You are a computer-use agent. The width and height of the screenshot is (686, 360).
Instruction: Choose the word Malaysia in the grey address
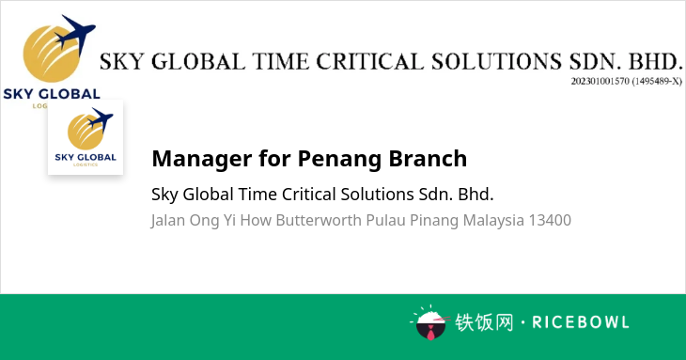493,221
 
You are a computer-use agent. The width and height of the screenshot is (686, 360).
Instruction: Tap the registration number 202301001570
600,82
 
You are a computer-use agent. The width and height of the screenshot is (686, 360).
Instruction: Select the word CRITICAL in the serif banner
369,62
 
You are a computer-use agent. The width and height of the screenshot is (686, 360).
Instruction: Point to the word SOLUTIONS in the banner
496,62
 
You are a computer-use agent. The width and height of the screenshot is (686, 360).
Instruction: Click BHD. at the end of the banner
655,62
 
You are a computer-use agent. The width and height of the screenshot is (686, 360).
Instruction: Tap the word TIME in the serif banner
280,62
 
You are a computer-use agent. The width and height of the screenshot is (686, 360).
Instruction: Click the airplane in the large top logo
75,33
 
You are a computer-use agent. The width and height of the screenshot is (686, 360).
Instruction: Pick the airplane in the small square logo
101,120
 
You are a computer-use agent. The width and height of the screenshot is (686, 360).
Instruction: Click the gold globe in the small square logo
86,132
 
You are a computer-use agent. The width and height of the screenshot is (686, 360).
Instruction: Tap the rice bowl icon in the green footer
430,322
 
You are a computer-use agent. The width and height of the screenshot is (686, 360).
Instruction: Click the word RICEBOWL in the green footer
581,322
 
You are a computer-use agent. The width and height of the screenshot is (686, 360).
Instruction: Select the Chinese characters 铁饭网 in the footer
484,322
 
